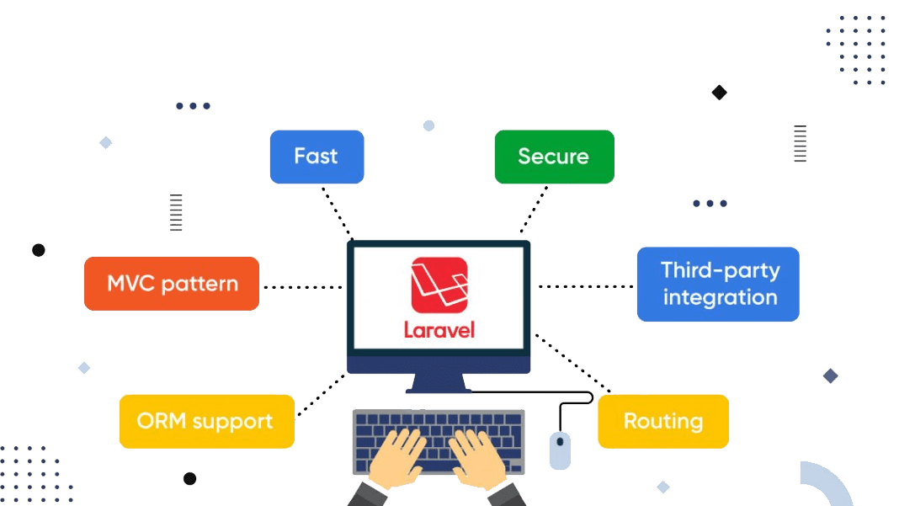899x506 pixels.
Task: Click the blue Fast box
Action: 317,157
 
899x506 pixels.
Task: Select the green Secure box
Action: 554,157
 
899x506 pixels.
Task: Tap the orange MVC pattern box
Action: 172,284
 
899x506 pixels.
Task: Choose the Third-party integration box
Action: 718,285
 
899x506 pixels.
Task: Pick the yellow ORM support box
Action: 206,421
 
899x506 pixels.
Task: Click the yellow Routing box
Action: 663,421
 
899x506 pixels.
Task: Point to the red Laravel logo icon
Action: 439,285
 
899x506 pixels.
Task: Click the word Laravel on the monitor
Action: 439,328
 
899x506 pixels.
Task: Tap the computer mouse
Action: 560,450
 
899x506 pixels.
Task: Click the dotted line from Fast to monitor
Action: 337,211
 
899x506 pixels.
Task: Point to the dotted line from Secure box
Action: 535,210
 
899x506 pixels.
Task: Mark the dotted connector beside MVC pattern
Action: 303,287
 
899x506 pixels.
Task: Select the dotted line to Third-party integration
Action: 585,287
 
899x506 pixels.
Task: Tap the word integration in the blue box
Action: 720,298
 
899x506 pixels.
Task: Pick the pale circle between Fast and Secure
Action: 428,125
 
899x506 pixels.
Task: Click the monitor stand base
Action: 439,389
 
